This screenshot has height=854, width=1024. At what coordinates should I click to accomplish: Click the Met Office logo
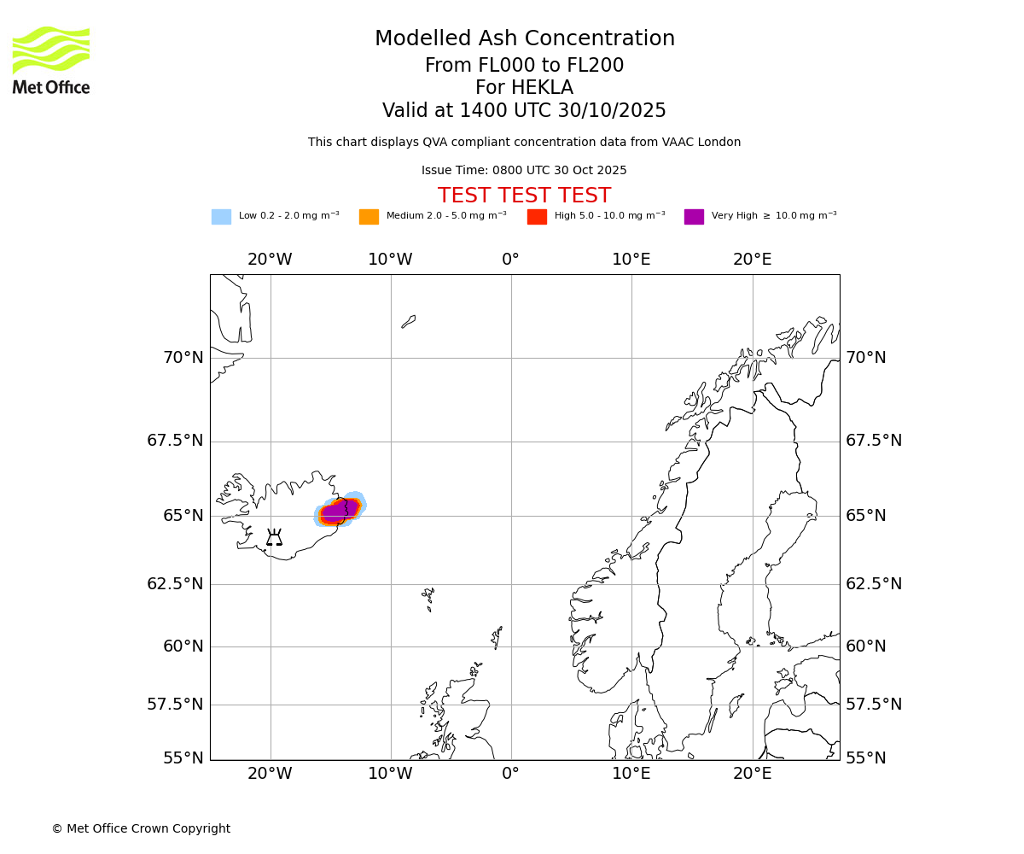pyautogui.click(x=51, y=60)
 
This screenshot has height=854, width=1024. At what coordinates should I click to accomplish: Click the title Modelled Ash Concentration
pyautogui.click(x=525, y=39)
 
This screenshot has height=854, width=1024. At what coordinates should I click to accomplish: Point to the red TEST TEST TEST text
pyautogui.click(x=524, y=196)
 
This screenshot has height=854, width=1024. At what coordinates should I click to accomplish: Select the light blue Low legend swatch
pyautogui.click(x=221, y=217)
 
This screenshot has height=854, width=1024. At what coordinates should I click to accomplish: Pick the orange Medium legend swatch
pyautogui.click(x=369, y=217)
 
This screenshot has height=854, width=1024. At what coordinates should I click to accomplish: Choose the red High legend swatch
pyautogui.click(x=537, y=217)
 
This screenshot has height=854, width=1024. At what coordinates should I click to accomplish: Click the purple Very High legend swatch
pyautogui.click(x=694, y=217)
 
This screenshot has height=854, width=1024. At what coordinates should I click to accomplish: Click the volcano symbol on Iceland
pyautogui.click(x=274, y=537)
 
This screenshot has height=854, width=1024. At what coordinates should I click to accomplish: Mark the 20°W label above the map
pyautogui.click(x=270, y=260)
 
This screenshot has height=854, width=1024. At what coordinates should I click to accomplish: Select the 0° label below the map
pyautogui.click(x=510, y=774)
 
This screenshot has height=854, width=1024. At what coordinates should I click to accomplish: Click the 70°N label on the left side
pyautogui.click(x=183, y=358)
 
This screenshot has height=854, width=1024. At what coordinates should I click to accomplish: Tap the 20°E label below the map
pyautogui.click(x=752, y=774)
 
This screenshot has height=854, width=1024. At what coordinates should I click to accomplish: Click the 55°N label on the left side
pyautogui.click(x=183, y=758)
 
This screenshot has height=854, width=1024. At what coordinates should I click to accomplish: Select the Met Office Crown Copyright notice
pyautogui.click(x=141, y=828)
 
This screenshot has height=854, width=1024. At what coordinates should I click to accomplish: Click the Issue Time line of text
pyautogui.click(x=524, y=171)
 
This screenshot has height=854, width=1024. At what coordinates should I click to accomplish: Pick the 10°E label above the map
pyautogui.click(x=631, y=260)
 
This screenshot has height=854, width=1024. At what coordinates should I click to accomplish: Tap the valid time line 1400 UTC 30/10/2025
pyautogui.click(x=524, y=111)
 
